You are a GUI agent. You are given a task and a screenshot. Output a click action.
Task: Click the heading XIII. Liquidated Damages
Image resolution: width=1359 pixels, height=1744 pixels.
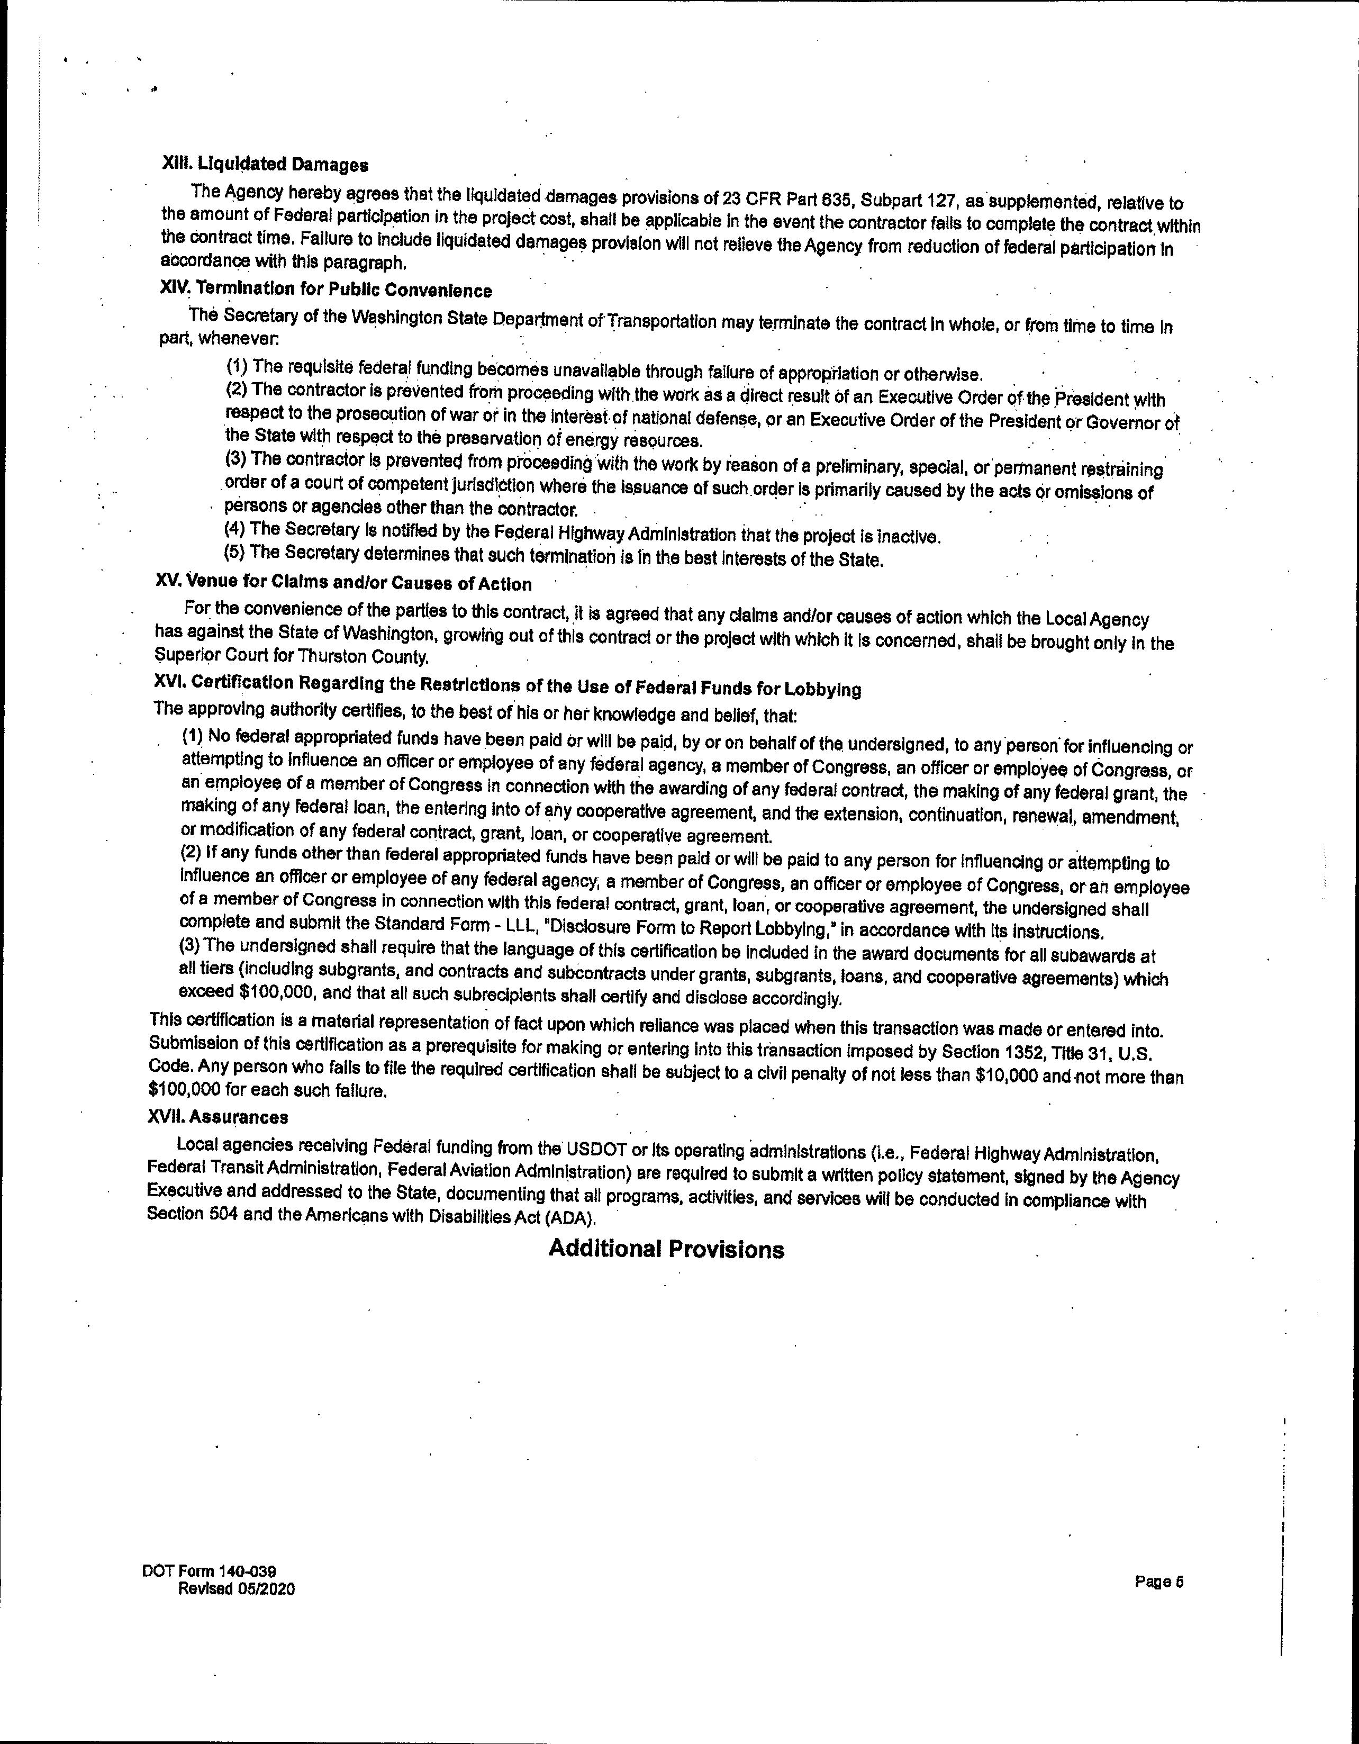click(x=265, y=165)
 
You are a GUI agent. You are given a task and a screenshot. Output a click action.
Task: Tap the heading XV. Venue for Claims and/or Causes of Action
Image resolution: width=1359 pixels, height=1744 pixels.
click(x=343, y=583)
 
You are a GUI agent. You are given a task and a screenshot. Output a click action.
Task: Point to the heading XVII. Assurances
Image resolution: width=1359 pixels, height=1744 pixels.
click(x=218, y=1116)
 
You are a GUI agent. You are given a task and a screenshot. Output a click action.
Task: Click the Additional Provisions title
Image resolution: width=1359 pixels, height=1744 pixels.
click(x=666, y=1249)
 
